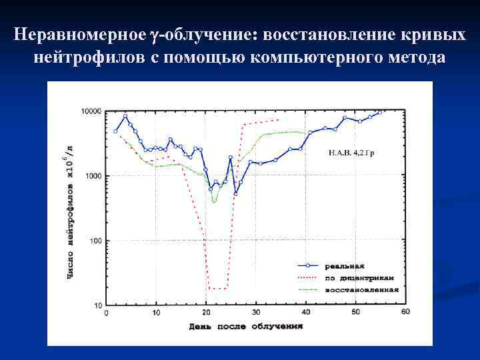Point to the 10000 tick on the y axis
click(90, 111)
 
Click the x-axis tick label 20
click(206, 313)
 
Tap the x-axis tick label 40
click(306, 313)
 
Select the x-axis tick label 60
click(405, 313)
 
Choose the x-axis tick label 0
click(107, 313)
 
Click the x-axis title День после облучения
click(246, 327)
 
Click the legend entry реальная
click(343, 265)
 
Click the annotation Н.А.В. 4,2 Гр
click(351, 153)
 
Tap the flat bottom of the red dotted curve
click(217, 289)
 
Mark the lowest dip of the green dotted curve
click(214, 201)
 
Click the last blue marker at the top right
click(380, 112)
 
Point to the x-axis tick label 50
click(356, 313)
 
